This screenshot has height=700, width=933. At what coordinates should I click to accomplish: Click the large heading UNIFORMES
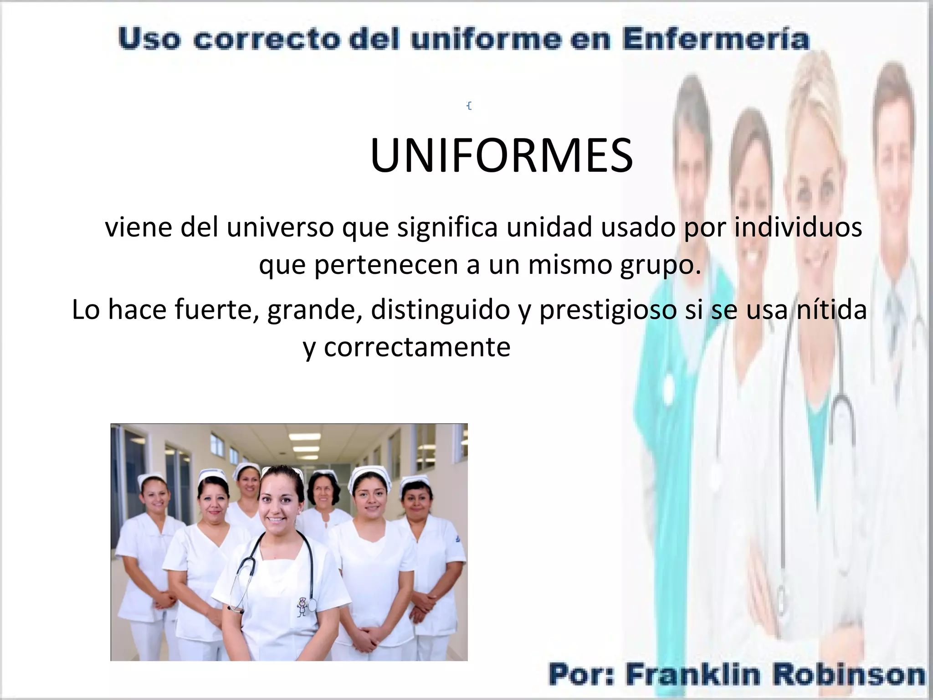[502, 155]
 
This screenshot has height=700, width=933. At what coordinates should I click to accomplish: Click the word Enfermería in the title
[716, 39]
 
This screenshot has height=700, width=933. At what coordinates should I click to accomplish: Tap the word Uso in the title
[149, 39]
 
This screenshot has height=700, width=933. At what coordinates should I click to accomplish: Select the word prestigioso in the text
[608, 310]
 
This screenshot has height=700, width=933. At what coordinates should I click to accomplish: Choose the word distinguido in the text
[440, 310]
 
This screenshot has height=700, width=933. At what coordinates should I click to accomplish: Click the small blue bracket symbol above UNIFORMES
[469, 106]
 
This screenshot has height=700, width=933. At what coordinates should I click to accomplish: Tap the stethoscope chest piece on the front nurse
[312, 605]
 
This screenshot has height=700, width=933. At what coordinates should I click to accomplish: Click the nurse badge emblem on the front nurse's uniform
[302, 607]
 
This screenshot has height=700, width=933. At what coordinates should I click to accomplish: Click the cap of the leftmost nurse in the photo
[151, 478]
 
